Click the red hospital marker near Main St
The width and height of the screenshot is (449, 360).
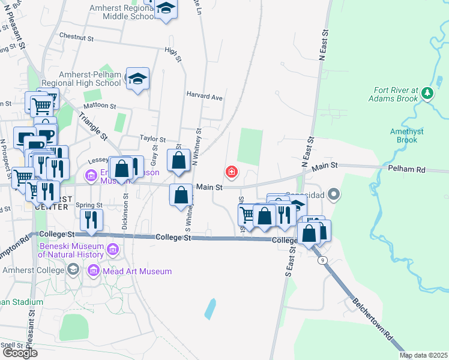(231, 173)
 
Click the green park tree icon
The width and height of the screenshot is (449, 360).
(427, 93)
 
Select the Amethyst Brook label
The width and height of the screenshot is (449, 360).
(403, 136)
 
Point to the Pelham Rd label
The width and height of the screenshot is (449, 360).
(406, 170)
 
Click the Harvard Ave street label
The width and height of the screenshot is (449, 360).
(204, 97)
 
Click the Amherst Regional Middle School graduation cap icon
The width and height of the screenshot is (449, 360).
(166, 8)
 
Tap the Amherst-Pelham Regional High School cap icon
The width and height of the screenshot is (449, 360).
(138, 79)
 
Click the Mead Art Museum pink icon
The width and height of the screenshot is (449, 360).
(93, 271)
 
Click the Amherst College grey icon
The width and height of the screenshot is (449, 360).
(73, 269)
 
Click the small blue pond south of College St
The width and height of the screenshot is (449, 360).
(210, 308)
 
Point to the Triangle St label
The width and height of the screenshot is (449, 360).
(92, 124)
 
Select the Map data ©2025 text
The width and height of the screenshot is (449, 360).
(423, 355)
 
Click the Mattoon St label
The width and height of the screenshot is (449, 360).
(101, 106)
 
